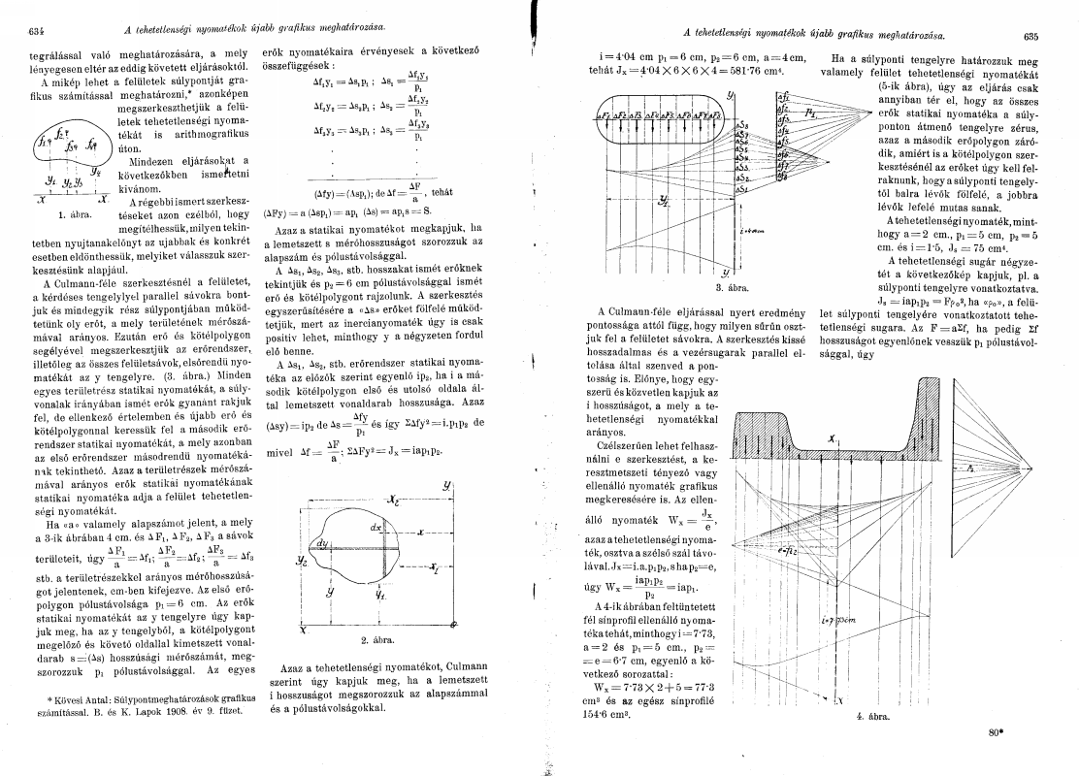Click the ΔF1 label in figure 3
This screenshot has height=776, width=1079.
click(x=604, y=115)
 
